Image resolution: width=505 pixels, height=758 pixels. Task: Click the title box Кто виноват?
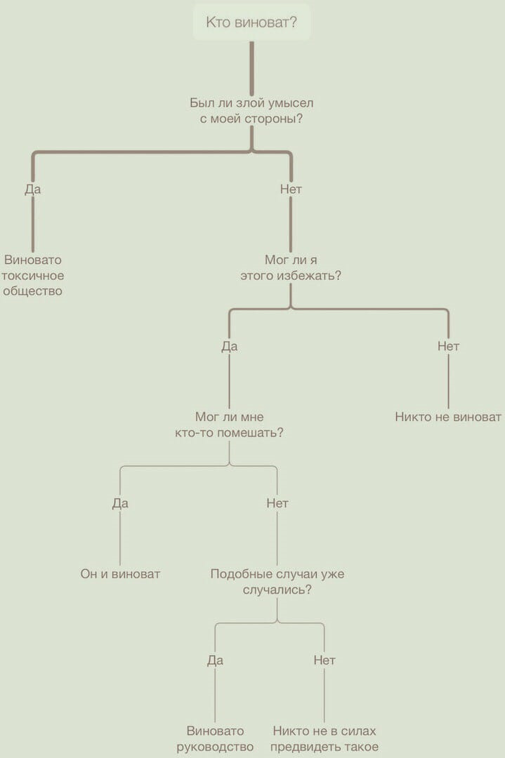(x=251, y=23)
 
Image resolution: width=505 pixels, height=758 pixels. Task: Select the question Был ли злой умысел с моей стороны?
(x=251, y=111)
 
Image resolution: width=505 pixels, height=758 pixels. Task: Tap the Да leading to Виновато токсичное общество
(x=33, y=189)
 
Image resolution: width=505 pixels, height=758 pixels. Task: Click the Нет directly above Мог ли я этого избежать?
(x=291, y=189)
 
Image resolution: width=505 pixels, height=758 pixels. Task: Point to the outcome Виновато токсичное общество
(x=33, y=275)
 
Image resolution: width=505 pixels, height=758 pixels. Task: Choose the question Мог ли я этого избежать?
(x=291, y=267)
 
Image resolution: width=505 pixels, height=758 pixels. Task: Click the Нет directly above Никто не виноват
(x=448, y=346)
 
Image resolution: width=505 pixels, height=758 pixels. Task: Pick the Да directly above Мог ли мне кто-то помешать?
(x=230, y=346)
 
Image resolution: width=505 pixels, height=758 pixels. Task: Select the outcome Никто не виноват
(x=448, y=417)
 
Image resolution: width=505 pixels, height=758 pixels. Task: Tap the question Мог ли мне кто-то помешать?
(x=230, y=425)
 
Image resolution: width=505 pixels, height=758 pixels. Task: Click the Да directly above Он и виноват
(x=120, y=503)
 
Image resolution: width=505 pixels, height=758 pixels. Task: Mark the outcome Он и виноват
(x=120, y=574)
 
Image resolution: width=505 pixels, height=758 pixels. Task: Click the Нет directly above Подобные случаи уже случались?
(x=277, y=503)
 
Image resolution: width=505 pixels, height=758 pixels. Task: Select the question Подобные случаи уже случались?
(x=277, y=582)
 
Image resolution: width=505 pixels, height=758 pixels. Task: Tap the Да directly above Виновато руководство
(x=215, y=660)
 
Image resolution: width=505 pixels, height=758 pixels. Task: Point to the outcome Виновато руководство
(x=215, y=739)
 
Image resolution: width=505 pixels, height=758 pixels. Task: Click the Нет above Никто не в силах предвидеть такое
(x=324, y=660)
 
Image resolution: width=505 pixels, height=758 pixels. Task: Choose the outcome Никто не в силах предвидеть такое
(x=324, y=739)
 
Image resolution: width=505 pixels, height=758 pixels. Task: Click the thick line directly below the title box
(x=251, y=67)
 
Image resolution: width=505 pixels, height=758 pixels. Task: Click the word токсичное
(x=33, y=275)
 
